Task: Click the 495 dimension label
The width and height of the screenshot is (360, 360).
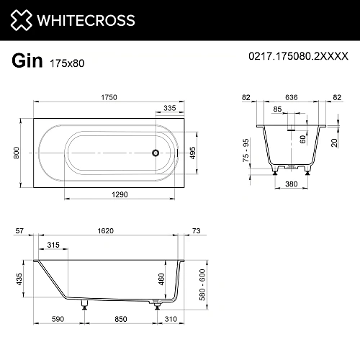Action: [x=192, y=153]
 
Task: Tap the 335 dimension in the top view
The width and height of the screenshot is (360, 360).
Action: [x=170, y=107]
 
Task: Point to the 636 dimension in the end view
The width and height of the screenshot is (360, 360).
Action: [x=291, y=97]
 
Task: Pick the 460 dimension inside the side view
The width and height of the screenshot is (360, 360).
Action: [x=161, y=278]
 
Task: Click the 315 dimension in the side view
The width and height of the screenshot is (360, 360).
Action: [x=53, y=246]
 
